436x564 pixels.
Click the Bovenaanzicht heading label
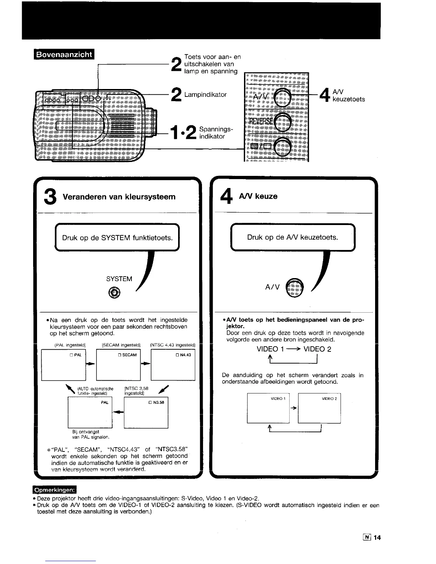(63, 55)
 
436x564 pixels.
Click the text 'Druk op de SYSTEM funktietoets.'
(117, 237)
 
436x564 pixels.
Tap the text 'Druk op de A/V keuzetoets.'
(292, 237)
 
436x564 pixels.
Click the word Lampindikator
(206, 95)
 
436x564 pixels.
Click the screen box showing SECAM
(118, 365)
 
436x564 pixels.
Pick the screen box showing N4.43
(173, 365)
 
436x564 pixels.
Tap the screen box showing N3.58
(146, 412)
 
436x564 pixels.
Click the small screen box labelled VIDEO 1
(268, 408)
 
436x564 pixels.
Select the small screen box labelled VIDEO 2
(319, 408)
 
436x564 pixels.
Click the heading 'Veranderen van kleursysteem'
(119, 197)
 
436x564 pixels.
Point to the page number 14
(377, 538)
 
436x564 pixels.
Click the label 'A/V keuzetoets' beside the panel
(348, 96)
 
